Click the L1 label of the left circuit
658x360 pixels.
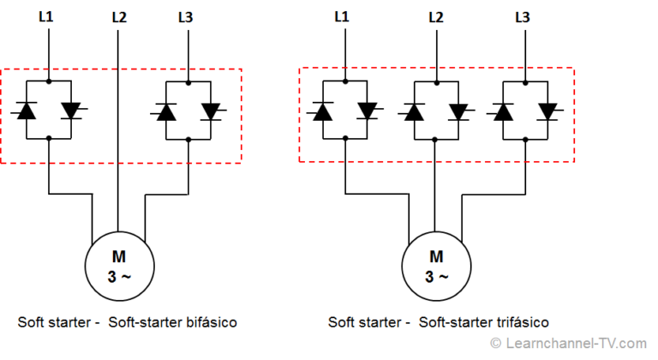pyautogui.click(x=47, y=15)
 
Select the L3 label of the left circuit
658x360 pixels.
pyautogui.click(x=187, y=16)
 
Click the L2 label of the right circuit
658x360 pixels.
pyautogui.click(x=435, y=16)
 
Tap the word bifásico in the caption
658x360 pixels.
pyautogui.click(x=206, y=322)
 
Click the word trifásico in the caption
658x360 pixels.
pyautogui.click(x=518, y=322)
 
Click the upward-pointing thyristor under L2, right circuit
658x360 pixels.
pyautogui.click(x=414, y=111)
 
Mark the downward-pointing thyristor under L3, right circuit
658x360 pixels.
pyautogui.click(x=547, y=111)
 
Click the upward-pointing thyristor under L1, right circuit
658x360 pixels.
pyautogui.click(x=323, y=111)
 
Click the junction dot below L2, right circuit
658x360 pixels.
pyautogui.click(x=436, y=81)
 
